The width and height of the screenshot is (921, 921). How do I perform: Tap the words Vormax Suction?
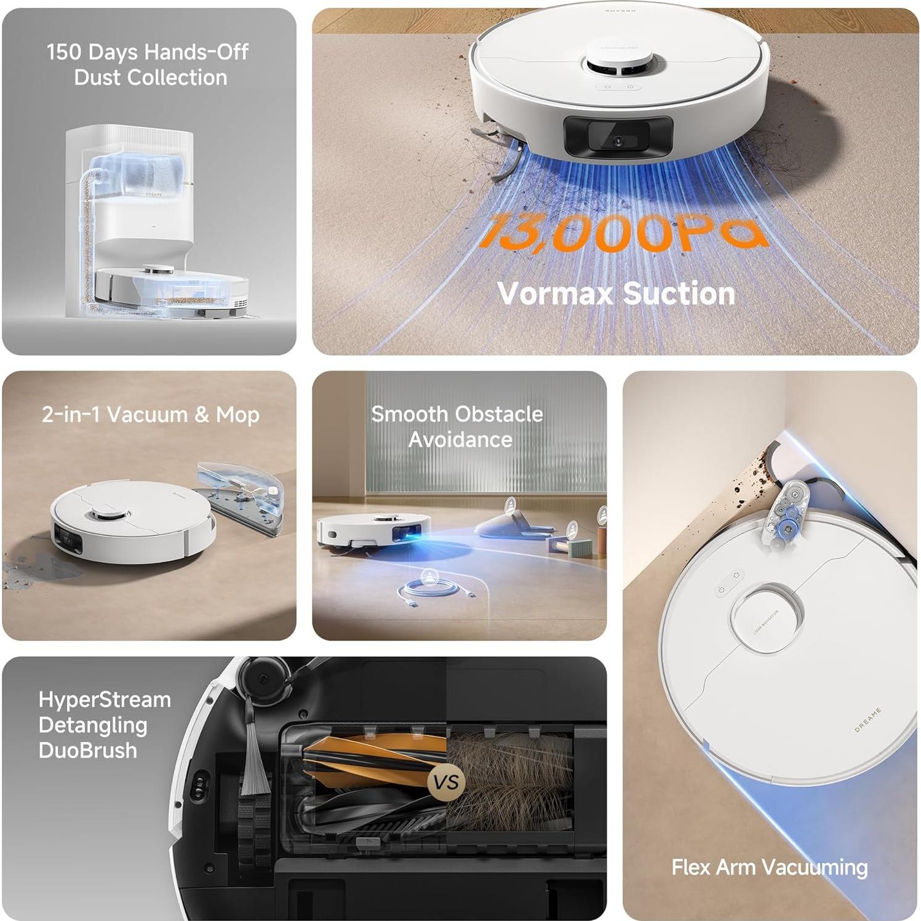[616, 293]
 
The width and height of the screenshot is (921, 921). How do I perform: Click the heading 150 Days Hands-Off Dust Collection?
[148, 64]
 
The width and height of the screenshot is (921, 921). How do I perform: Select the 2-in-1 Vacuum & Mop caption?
[150, 414]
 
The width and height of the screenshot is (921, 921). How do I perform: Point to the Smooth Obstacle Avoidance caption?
[457, 426]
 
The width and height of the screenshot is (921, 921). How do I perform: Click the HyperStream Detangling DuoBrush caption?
[104, 725]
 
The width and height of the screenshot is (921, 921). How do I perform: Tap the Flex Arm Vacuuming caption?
[769, 867]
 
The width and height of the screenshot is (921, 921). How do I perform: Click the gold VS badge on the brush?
[446, 782]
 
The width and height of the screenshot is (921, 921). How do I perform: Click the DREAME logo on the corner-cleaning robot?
[867, 720]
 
